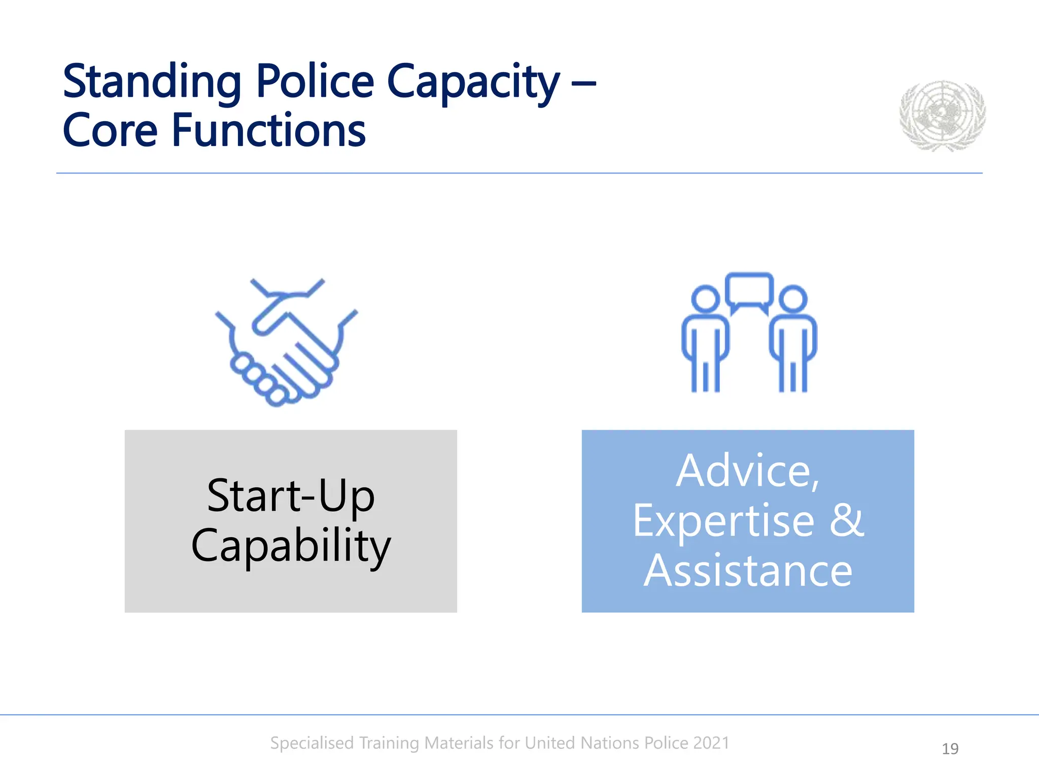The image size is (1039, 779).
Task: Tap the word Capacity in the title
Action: [473, 82]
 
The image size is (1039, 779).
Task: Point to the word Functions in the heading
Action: [268, 130]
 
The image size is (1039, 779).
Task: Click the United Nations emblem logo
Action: [942, 116]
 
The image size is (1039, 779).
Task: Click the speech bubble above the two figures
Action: [749, 290]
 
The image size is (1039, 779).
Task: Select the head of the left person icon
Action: [705, 298]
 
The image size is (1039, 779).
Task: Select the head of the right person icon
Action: [792, 298]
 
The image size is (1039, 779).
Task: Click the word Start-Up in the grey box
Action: [291, 495]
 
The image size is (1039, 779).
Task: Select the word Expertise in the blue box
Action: [723, 521]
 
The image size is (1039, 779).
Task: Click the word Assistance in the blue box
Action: [748, 571]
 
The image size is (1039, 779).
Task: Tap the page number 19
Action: [950, 749]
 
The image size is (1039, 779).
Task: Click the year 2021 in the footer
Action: [711, 742]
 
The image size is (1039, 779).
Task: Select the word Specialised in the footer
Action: [312, 743]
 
